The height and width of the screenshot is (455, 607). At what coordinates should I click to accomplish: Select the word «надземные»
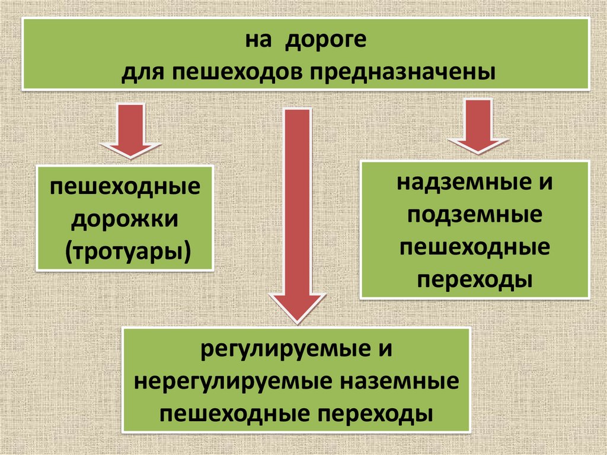point(456,182)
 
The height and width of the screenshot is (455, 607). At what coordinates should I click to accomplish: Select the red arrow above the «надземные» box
point(478,126)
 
